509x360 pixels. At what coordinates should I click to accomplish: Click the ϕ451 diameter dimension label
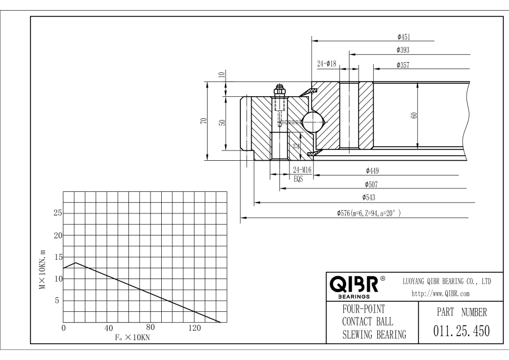pyautogui.click(x=404, y=37)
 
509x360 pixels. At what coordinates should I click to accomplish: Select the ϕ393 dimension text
pyautogui.click(x=403, y=50)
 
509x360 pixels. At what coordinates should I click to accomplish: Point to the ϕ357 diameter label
pyautogui.click(x=403, y=65)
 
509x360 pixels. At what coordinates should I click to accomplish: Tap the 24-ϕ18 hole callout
pyautogui.click(x=326, y=63)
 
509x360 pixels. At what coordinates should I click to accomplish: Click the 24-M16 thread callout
pyautogui.click(x=302, y=170)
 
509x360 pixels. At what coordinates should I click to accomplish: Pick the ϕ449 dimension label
pyautogui.click(x=372, y=170)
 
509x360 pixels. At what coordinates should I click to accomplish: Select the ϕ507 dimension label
pyautogui.click(x=372, y=185)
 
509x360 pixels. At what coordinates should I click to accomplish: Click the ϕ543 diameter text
pyautogui.click(x=369, y=197)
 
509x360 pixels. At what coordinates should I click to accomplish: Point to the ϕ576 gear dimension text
pyautogui.click(x=369, y=213)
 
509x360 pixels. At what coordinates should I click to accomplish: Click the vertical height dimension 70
pyautogui.click(x=204, y=121)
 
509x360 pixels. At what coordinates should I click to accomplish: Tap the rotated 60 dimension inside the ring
pyautogui.click(x=414, y=115)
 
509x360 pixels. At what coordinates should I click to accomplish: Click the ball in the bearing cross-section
pyautogui.click(x=313, y=122)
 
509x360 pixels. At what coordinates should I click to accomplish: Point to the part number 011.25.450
pyautogui.click(x=461, y=331)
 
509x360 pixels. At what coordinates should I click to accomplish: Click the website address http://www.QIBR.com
pyautogui.click(x=441, y=294)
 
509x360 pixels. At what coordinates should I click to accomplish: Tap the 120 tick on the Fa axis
pyautogui.click(x=195, y=328)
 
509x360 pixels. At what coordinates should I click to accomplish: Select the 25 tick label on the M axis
pyautogui.click(x=58, y=213)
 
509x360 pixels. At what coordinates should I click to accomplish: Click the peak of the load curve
pyautogui.click(x=75, y=263)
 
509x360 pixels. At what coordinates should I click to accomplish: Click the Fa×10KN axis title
pyautogui.click(x=132, y=337)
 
